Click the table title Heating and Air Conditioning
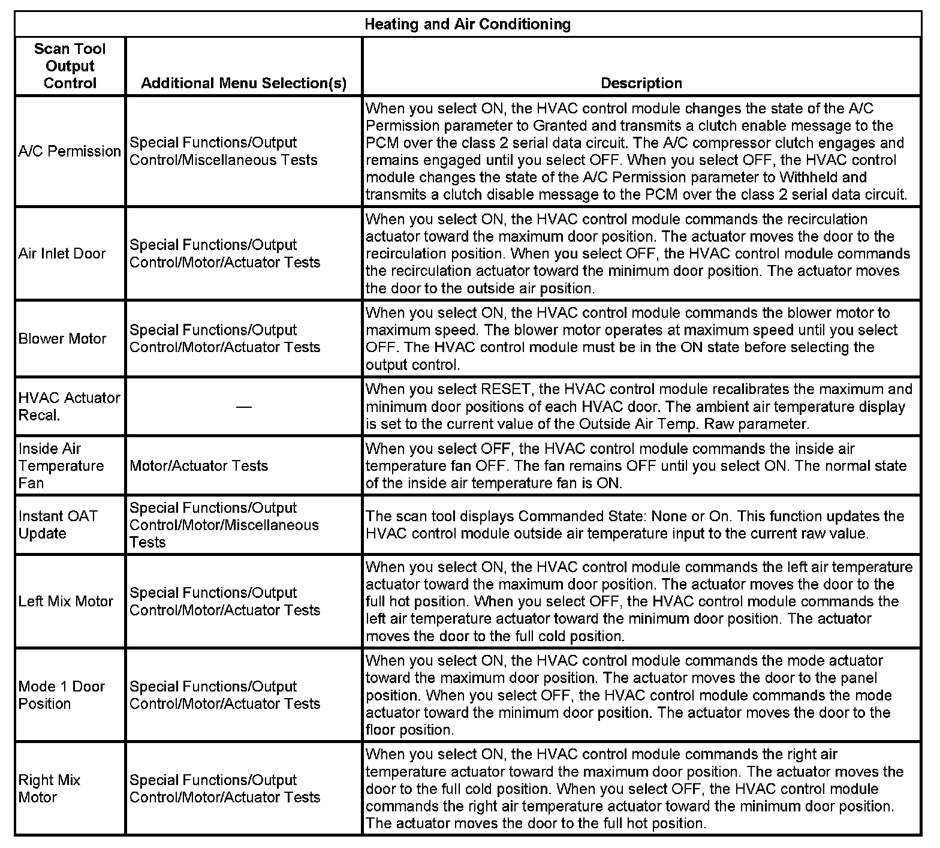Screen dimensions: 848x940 468,24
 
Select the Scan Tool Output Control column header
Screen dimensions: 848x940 70,66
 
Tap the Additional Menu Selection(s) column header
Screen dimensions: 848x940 243,83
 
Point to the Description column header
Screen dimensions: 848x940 641,83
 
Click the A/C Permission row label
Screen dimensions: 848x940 70,151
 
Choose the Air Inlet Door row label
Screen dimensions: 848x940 62,254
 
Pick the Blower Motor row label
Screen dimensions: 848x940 62,339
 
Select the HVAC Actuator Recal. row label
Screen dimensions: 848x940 69,407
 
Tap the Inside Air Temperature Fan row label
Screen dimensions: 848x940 61,466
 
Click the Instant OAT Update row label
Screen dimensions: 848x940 58,525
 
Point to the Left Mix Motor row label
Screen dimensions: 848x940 66,602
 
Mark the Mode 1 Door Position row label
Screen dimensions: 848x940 62,695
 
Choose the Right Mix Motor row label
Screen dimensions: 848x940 49,789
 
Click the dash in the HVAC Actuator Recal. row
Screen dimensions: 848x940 243,407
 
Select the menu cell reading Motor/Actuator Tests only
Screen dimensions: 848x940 198,466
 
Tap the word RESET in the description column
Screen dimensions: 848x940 507,390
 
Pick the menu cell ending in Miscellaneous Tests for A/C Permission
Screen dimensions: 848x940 223,151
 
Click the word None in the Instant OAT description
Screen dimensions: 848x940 670,516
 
